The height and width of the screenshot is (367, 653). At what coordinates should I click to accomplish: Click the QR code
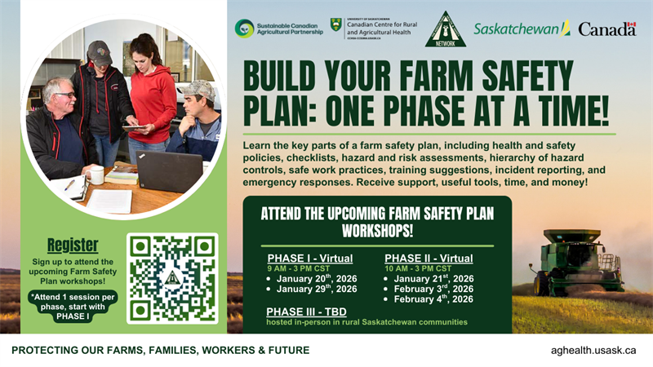[172, 277]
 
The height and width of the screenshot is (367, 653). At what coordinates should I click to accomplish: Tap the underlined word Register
[73, 245]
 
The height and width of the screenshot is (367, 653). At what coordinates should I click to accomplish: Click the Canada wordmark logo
[606, 29]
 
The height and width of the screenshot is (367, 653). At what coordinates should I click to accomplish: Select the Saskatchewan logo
[522, 29]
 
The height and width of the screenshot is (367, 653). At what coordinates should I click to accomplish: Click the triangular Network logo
[445, 29]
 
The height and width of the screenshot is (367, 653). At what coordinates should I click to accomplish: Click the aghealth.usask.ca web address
[593, 350]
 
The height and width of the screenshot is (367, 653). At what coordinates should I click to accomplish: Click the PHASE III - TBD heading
[307, 312]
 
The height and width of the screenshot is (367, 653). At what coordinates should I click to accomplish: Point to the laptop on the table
[169, 170]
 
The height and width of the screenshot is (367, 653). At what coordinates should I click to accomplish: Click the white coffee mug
[97, 175]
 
